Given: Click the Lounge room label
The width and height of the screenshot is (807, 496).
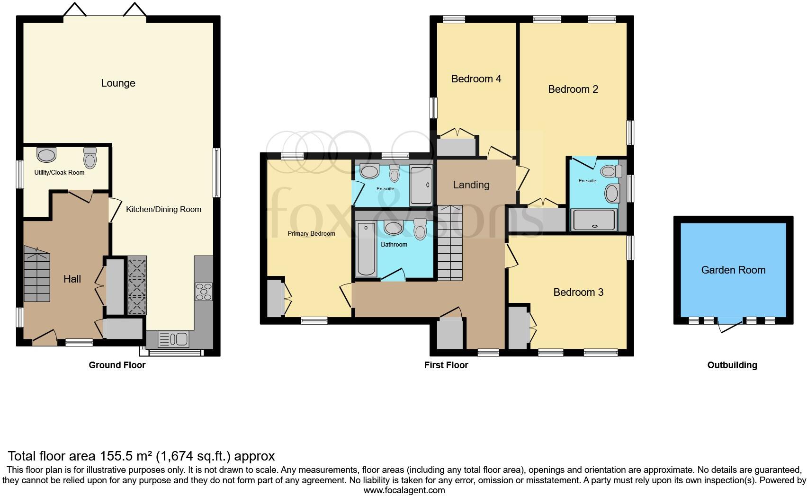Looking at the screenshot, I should [x=118, y=83].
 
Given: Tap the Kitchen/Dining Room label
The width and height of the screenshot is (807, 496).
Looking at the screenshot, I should [x=163, y=209].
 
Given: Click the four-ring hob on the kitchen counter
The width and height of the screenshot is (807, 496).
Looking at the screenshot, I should [x=204, y=291].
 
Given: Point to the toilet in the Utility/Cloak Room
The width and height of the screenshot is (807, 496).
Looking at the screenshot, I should [x=90, y=158].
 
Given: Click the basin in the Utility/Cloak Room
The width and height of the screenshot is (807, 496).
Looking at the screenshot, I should [x=46, y=154].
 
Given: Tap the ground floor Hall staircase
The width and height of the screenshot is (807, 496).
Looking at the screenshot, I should [x=36, y=277].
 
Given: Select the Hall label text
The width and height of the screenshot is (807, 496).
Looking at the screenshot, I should [x=72, y=279].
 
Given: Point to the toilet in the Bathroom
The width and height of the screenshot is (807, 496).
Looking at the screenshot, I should [x=420, y=230].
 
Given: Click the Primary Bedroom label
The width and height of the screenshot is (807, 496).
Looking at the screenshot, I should [x=311, y=234].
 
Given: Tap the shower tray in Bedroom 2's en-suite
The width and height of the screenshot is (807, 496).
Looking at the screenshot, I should [x=594, y=220].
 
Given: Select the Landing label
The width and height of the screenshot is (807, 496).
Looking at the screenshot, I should [x=471, y=185].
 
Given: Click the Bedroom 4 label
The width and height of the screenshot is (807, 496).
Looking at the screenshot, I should [x=476, y=79].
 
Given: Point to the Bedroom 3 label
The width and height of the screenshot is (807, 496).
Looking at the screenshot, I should [x=578, y=292].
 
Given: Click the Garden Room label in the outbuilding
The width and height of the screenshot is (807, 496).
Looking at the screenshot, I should [x=733, y=270].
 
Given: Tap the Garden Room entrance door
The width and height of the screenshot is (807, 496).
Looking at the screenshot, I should [x=730, y=327].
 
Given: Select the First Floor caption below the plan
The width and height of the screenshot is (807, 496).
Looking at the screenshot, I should [x=446, y=365].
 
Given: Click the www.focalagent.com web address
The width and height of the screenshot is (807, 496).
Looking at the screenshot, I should [x=404, y=490].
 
